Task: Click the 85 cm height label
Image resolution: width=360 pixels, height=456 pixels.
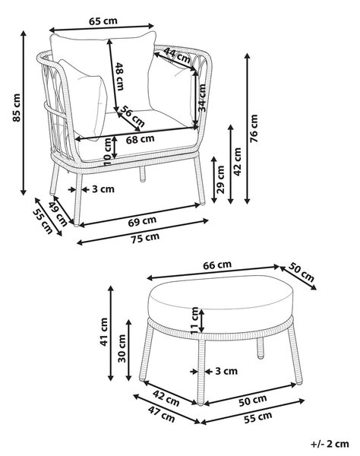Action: (x=17, y=108)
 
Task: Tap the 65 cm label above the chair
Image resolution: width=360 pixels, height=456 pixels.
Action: (x=103, y=21)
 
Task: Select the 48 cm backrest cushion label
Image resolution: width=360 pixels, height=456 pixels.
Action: (x=119, y=76)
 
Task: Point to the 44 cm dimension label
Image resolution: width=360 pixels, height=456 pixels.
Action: (x=177, y=55)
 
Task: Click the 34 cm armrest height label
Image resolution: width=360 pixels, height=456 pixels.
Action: (x=202, y=98)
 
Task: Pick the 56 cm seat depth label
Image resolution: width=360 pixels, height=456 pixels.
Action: (x=132, y=116)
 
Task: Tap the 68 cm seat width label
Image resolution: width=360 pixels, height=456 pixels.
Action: (x=140, y=139)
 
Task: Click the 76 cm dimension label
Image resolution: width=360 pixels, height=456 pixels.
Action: (x=254, y=128)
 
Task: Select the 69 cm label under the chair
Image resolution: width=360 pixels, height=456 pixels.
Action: (x=142, y=221)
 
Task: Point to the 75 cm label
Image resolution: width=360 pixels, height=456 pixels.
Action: (x=145, y=238)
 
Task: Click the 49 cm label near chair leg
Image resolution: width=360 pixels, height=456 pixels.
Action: (x=58, y=214)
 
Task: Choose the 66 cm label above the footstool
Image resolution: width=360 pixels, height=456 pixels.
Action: (x=217, y=265)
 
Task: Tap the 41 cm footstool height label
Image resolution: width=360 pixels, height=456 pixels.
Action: (x=104, y=332)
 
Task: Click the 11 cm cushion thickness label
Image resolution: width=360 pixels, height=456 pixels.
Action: (x=194, y=320)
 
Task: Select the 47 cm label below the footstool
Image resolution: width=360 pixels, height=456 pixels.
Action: (x=162, y=414)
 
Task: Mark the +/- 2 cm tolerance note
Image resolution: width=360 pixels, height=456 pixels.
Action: (x=330, y=444)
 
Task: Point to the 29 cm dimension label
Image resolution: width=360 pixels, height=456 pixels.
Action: (x=221, y=179)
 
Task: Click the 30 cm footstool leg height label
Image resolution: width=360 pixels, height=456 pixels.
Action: (x=122, y=348)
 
